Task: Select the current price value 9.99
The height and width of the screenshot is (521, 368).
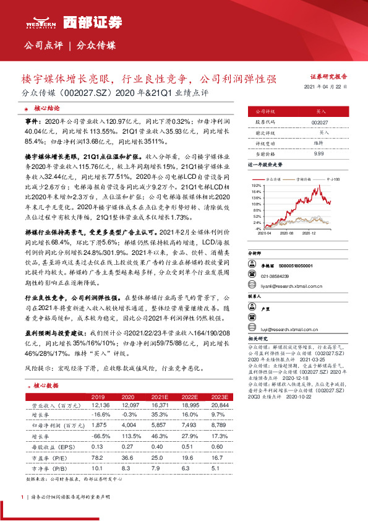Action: point(319,153)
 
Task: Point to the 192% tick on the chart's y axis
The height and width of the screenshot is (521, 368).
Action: point(256,185)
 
